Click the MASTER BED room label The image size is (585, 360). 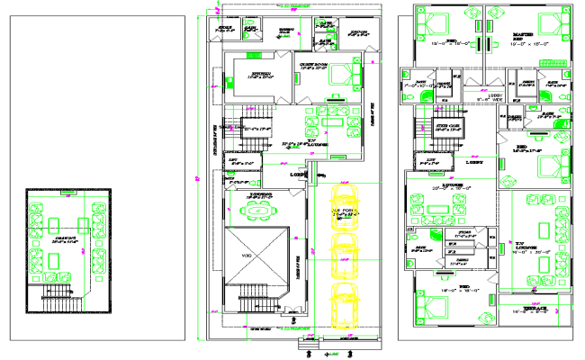(x=521, y=37)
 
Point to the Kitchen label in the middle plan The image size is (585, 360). (x=261, y=77)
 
